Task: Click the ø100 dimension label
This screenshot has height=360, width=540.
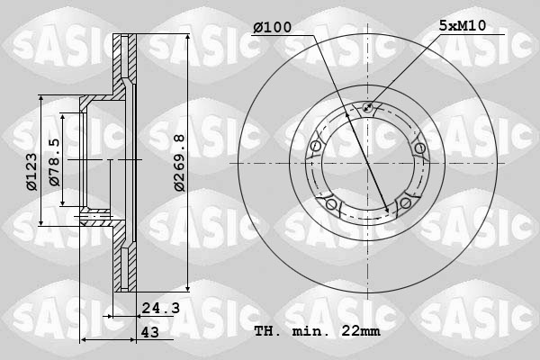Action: tap(272, 27)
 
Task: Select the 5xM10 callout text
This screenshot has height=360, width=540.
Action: tap(462, 26)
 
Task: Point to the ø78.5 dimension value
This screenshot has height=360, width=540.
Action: tap(54, 162)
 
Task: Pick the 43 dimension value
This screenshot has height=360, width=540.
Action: tap(148, 331)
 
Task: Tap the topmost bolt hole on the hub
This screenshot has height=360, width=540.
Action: tap(367, 110)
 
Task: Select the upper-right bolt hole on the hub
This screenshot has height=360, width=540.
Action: tap(418, 148)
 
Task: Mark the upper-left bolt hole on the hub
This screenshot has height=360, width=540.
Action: tap(315, 148)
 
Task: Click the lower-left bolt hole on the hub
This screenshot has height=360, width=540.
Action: tap(331, 205)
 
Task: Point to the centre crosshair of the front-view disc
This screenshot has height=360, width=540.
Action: tap(367, 163)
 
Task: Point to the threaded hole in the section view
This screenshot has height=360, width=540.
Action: tap(94, 215)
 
